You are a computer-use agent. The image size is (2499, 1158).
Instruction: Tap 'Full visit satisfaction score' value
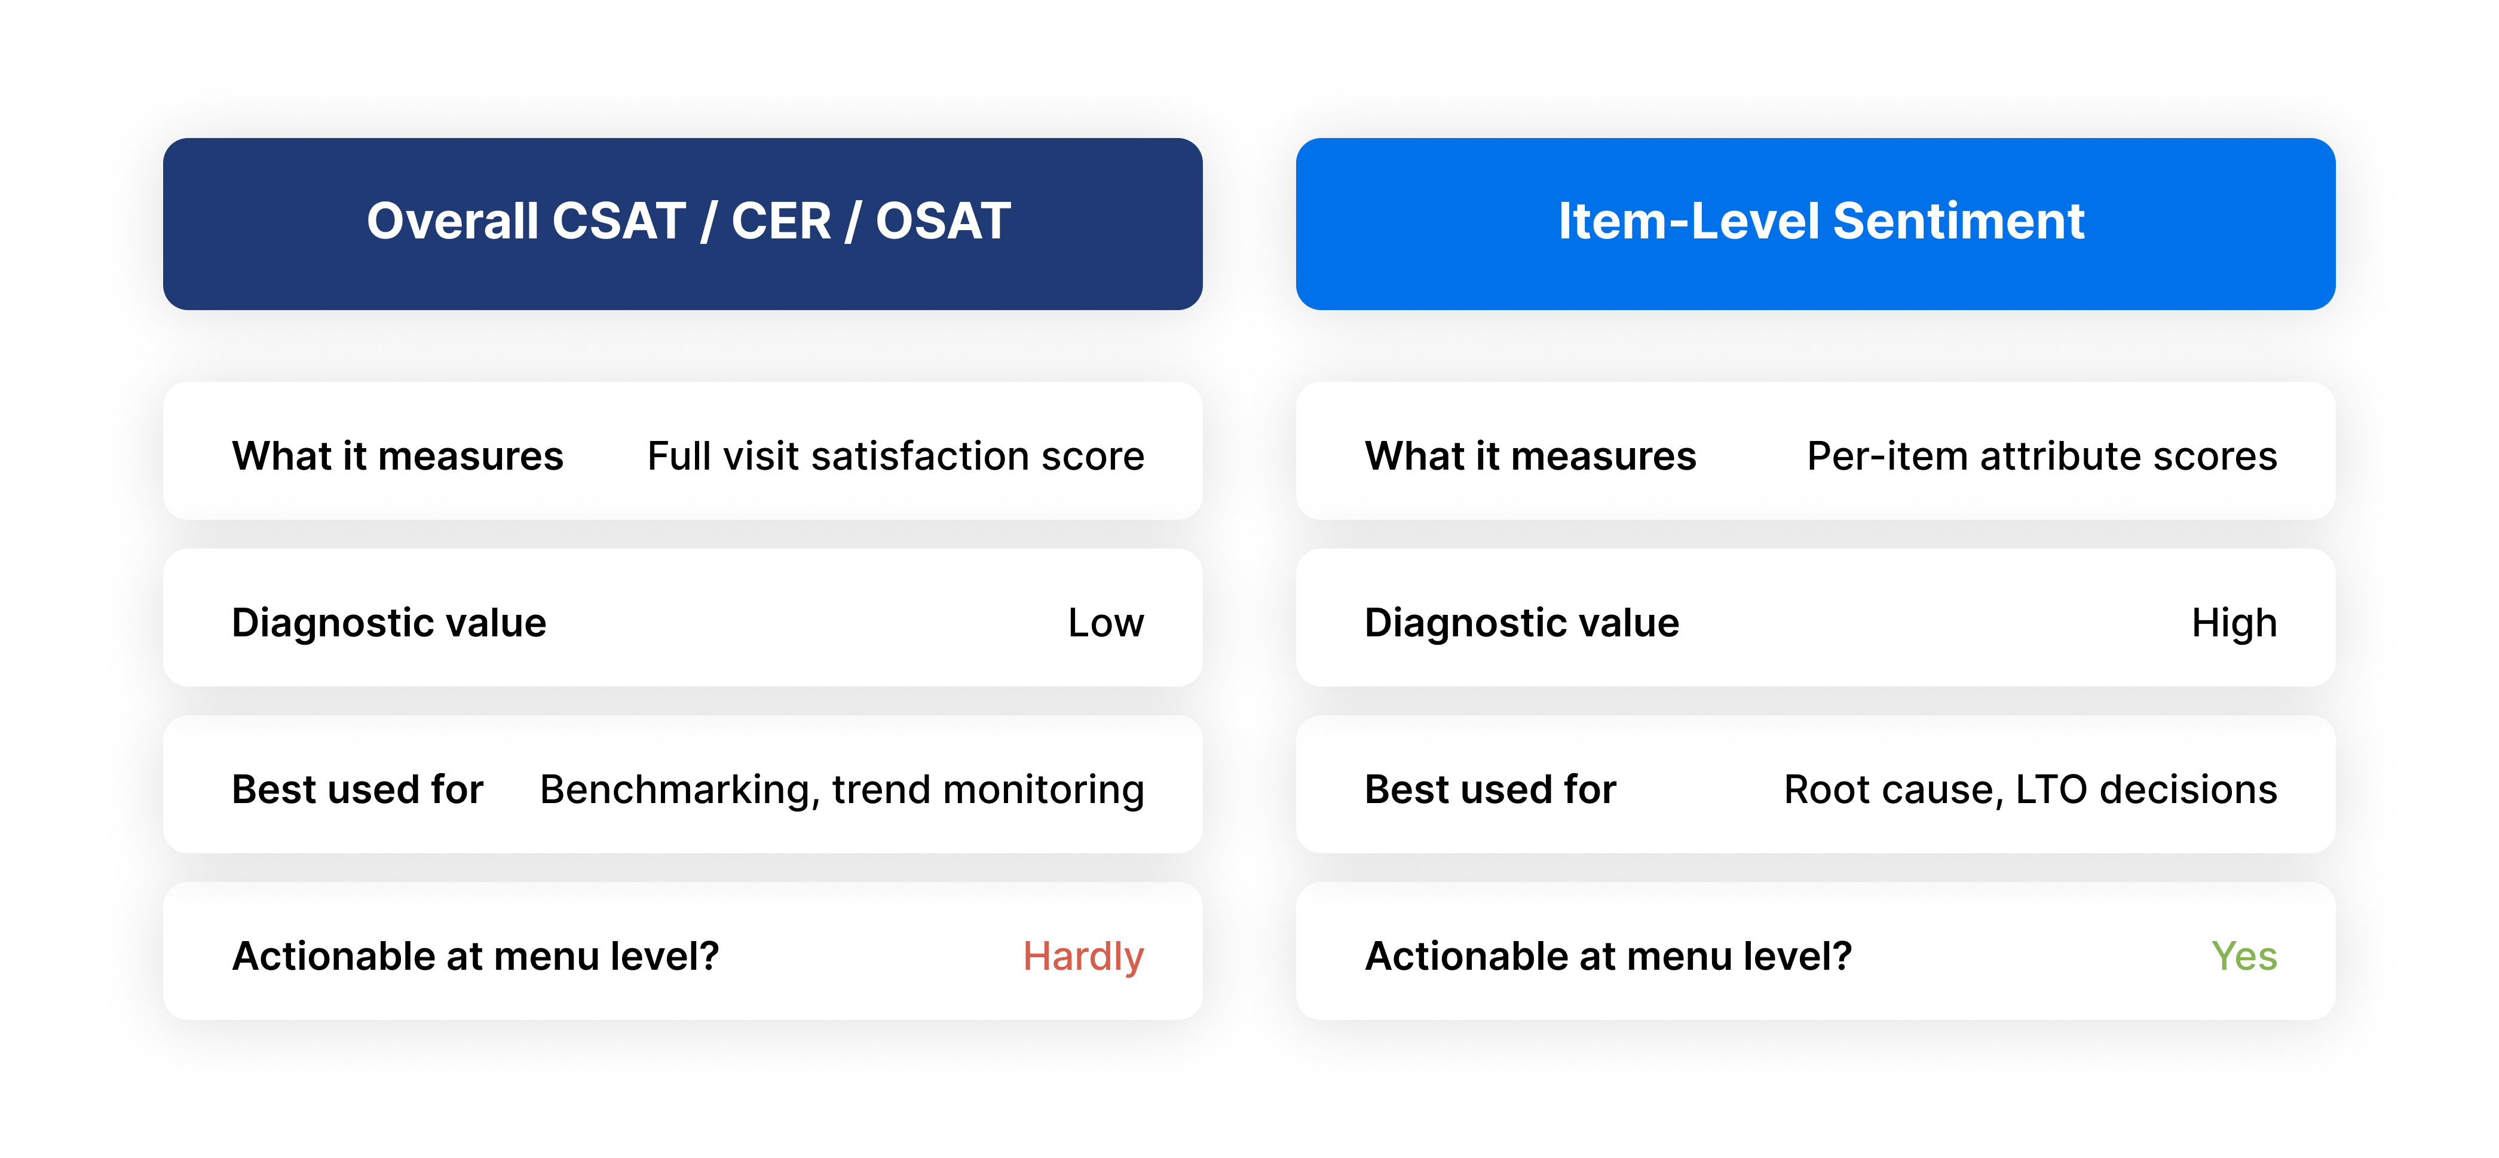(x=895, y=456)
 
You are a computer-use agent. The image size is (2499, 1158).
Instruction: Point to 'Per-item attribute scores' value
(x=2041, y=456)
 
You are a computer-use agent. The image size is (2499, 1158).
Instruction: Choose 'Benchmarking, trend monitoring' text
(x=841, y=789)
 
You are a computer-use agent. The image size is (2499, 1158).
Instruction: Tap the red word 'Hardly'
(x=1083, y=956)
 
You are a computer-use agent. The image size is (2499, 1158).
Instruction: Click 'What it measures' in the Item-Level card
(x=1530, y=456)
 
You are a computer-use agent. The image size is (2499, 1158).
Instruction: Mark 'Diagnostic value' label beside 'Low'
(x=389, y=623)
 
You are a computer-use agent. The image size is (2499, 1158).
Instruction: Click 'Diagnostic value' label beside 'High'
(x=1521, y=623)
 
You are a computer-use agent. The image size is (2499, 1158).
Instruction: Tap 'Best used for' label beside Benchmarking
(x=357, y=789)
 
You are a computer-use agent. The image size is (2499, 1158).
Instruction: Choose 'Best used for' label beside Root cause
(x=1490, y=789)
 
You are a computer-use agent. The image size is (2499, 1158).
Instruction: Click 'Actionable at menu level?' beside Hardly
(x=475, y=956)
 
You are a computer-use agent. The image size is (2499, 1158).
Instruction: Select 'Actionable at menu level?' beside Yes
(x=1607, y=956)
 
